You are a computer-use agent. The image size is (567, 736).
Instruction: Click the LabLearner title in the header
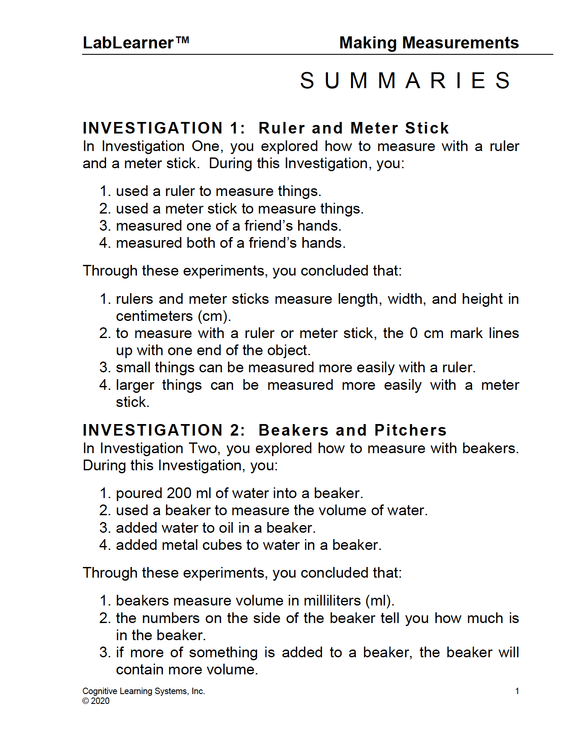[x=128, y=43]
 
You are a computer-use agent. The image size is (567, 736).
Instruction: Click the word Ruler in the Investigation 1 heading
[x=282, y=128]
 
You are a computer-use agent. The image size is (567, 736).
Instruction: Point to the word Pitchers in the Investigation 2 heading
[x=410, y=430]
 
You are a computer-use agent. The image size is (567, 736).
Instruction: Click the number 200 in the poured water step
[x=179, y=493]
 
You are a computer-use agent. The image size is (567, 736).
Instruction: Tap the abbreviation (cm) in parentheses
[x=214, y=316]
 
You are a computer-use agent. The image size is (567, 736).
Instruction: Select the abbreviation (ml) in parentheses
[x=380, y=601]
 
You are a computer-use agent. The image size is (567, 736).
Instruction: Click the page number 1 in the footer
[x=517, y=691]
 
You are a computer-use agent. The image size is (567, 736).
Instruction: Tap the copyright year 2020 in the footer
[x=100, y=701]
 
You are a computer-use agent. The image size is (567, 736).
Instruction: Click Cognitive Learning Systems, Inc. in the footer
[x=144, y=691]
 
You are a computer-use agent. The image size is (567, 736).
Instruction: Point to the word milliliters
[x=332, y=601]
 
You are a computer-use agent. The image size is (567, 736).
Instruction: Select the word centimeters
[x=154, y=316]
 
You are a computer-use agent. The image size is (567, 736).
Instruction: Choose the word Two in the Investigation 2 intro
[x=203, y=448]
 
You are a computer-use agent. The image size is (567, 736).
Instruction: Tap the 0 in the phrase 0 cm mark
[x=413, y=333]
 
